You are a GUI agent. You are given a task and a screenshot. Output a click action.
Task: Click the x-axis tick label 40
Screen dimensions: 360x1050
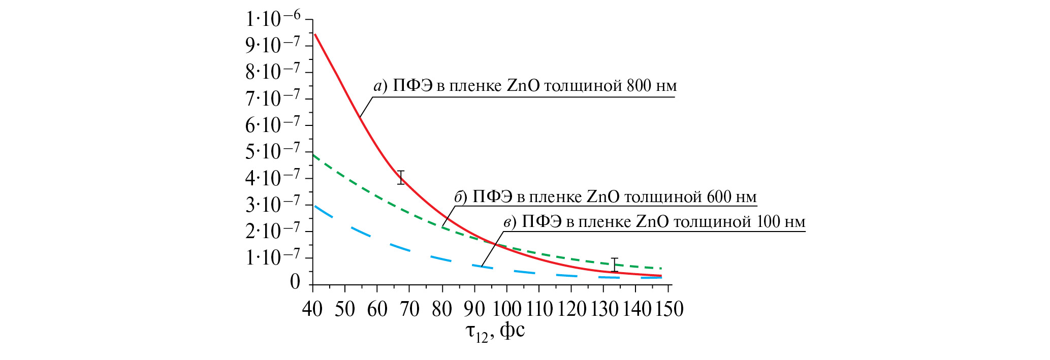pos(312,309)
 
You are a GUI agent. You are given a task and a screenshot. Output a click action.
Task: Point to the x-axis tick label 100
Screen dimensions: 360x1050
pos(507,309)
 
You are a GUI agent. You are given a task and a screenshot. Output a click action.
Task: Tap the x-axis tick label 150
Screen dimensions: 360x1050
pos(670,309)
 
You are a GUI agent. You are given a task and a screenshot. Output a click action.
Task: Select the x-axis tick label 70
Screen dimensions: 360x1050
pos(409,309)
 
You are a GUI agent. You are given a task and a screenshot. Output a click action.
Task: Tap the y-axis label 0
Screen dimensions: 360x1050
pos(295,282)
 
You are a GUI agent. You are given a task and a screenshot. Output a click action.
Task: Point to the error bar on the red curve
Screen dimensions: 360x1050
pos(401,177)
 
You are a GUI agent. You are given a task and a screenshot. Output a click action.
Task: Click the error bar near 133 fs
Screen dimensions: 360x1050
pos(615,265)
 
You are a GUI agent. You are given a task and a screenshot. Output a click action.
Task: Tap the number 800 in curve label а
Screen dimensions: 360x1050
pos(639,86)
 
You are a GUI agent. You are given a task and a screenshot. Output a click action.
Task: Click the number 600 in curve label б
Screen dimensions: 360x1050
pos(718,197)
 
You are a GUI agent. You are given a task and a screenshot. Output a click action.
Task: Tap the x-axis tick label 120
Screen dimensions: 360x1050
pos(572,309)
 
